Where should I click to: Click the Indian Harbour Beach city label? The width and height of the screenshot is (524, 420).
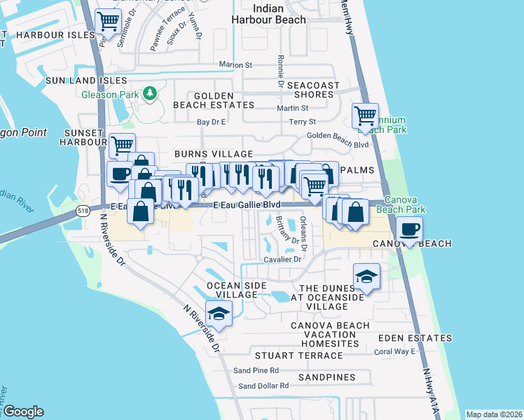point(279,14)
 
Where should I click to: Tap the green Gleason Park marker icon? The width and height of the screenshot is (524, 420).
point(149,93)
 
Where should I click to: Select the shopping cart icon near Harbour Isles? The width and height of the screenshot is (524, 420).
point(108,22)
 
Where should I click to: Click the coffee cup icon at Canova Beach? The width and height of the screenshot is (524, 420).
point(410,228)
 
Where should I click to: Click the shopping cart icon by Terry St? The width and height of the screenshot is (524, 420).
point(365,115)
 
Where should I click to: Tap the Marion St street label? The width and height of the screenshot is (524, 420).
point(235,64)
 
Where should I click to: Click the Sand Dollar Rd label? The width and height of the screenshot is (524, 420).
point(263,386)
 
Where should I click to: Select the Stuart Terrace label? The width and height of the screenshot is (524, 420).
point(299,356)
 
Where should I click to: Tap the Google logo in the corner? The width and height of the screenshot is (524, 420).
point(23,412)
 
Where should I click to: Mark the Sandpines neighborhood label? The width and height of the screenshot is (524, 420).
point(324,377)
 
